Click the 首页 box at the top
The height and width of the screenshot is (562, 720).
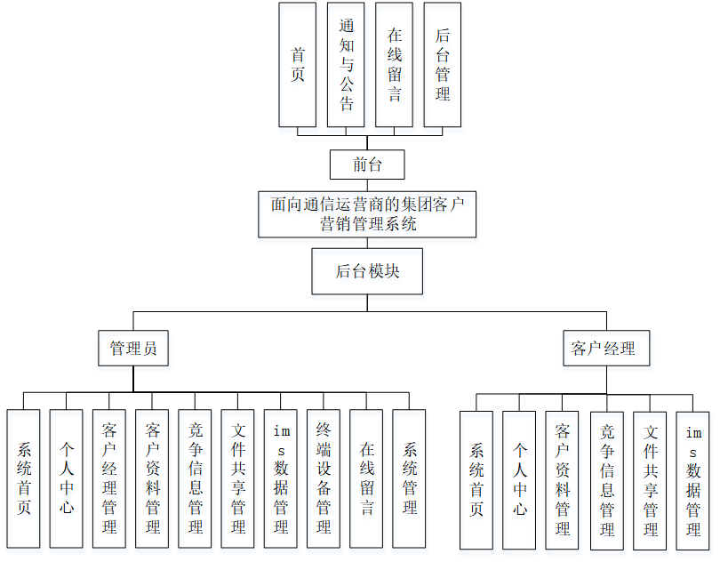point(297,65)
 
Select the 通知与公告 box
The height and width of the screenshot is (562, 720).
point(346,65)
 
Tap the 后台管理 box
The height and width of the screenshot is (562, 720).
point(442,65)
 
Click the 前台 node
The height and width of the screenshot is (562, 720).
point(367,165)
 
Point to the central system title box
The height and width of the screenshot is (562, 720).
point(367,214)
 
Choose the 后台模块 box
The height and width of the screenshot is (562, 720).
point(367,271)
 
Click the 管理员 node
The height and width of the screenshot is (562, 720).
point(133,349)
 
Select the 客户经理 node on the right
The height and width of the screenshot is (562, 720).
point(606,349)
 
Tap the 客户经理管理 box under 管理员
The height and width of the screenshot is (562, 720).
point(109,478)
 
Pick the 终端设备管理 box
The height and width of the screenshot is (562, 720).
point(324,478)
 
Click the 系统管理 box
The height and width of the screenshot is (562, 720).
point(409,478)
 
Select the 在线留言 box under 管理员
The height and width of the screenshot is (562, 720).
point(366,478)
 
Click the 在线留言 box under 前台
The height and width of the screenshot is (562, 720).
point(394,65)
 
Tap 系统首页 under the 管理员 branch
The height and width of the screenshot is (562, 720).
point(23,478)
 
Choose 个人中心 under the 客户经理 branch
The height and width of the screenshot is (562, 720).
point(519,480)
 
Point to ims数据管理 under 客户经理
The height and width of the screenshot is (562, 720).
point(693,480)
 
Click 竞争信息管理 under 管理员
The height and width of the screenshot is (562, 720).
point(195,478)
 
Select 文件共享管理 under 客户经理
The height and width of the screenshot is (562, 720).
point(650,480)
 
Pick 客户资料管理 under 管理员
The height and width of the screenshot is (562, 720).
point(152,478)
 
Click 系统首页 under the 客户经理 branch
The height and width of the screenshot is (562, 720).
point(476,480)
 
